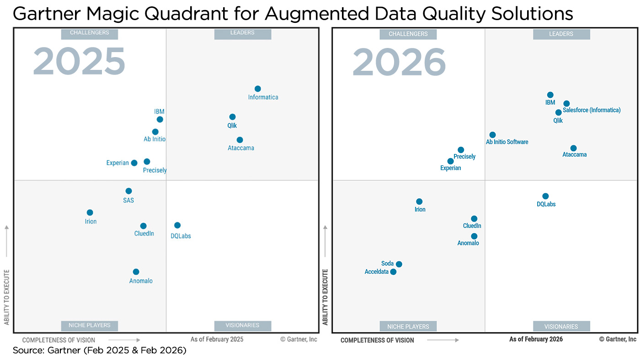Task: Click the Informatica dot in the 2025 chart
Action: point(258,89)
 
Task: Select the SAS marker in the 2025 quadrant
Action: point(128,191)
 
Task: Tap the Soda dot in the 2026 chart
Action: point(399,264)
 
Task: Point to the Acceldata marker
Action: point(393,272)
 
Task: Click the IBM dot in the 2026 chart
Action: point(550,95)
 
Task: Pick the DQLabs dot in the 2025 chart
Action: point(177,225)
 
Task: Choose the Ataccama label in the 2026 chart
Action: point(574,155)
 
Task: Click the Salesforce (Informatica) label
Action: point(592,110)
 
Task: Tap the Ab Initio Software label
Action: point(507,142)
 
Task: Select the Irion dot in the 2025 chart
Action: point(90,212)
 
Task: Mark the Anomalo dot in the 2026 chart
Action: point(474,236)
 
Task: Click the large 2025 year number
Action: point(79,62)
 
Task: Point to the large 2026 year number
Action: point(399,63)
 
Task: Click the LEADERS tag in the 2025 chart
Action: point(243,33)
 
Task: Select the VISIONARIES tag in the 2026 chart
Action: point(561,327)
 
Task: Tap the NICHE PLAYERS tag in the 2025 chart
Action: point(90,325)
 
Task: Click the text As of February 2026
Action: point(536,339)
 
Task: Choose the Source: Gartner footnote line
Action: point(100,351)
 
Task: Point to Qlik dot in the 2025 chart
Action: point(232,117)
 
